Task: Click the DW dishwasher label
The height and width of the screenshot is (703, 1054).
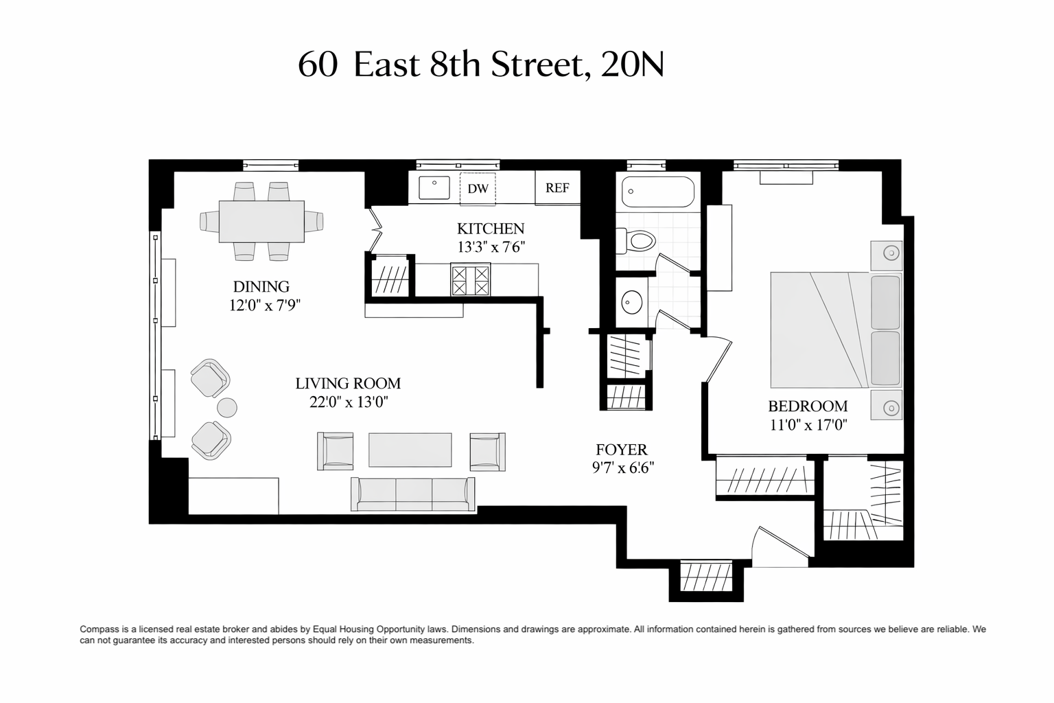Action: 478,189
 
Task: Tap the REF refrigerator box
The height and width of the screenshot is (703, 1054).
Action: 558,187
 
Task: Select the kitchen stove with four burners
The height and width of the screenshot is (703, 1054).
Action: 471,279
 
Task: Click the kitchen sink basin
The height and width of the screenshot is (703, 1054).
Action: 434,187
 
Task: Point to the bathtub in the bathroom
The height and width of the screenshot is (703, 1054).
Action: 658,192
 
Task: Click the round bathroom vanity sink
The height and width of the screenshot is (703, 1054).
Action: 632,302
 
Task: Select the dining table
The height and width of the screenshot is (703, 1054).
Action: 261,221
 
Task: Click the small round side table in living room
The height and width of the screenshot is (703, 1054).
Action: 227,407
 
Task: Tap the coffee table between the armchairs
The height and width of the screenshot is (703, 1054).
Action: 410,450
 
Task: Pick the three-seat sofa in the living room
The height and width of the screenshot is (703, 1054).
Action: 412,494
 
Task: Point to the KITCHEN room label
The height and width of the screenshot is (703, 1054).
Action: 491,229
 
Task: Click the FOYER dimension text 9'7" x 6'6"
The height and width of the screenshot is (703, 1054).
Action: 623,468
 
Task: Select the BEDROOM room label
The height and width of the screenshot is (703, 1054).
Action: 808,406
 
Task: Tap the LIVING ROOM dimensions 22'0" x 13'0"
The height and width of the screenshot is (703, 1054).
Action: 349,402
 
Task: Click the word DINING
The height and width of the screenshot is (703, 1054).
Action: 261,286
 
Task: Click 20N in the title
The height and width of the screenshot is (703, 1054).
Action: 633,65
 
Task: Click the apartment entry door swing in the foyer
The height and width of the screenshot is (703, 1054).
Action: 781,548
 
